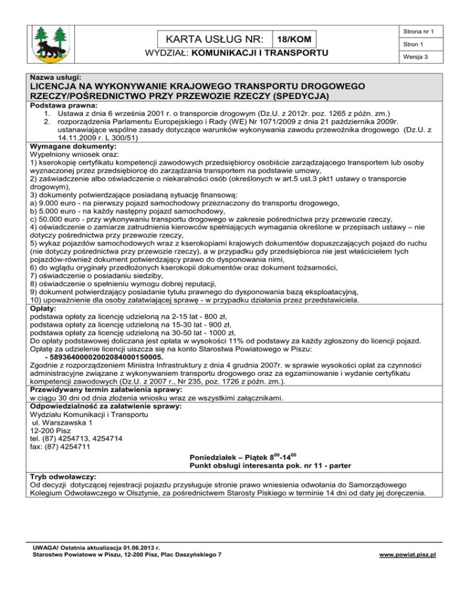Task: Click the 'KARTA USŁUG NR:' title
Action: pyautogui.click(x=215, y=39)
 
